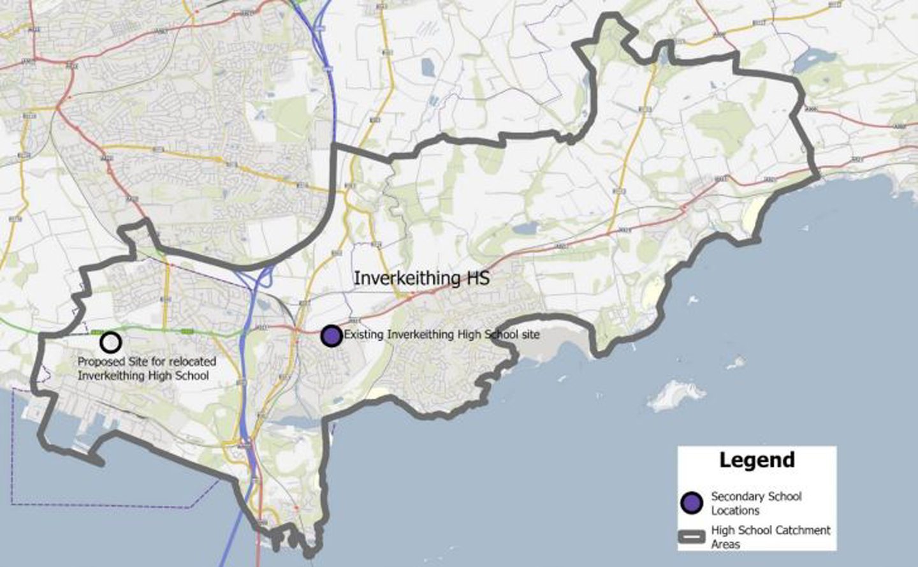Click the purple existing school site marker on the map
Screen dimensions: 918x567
click(331, 335)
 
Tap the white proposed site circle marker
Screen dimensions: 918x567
click(111, 342)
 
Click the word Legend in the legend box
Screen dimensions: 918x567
click(757, 460)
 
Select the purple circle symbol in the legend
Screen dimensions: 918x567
click(692, 503)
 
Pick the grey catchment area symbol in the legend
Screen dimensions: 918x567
click(692, 536)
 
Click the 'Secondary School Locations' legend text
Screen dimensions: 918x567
click(756, 503)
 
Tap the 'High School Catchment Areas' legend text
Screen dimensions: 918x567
click(771, 537)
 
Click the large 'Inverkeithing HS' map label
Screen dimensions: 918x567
click(421, 278)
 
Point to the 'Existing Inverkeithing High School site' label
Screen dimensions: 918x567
click(442, 334)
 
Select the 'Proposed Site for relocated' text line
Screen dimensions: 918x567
click(147, 362)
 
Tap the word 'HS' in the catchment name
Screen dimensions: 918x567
click(476, 278)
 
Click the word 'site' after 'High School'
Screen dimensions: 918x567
click(528, 334)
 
